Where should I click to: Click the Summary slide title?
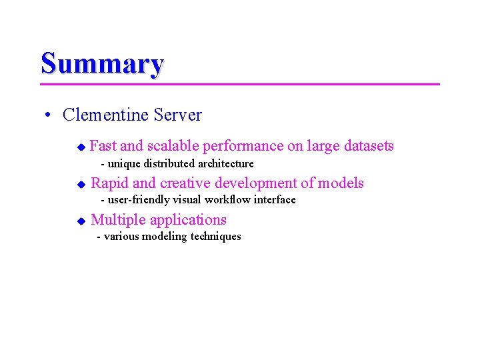coord(102,64)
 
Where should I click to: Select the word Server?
coord(177,115)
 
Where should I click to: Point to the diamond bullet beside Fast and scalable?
coord(81,147)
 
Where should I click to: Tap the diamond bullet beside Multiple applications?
coord(81,221)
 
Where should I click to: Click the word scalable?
coord(173,146)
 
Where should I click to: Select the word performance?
coord(243,146)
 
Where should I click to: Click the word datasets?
coord(367,146)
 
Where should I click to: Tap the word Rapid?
coord(110,183)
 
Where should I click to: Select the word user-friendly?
coord(136,200)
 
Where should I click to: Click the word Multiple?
coord(118,220)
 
